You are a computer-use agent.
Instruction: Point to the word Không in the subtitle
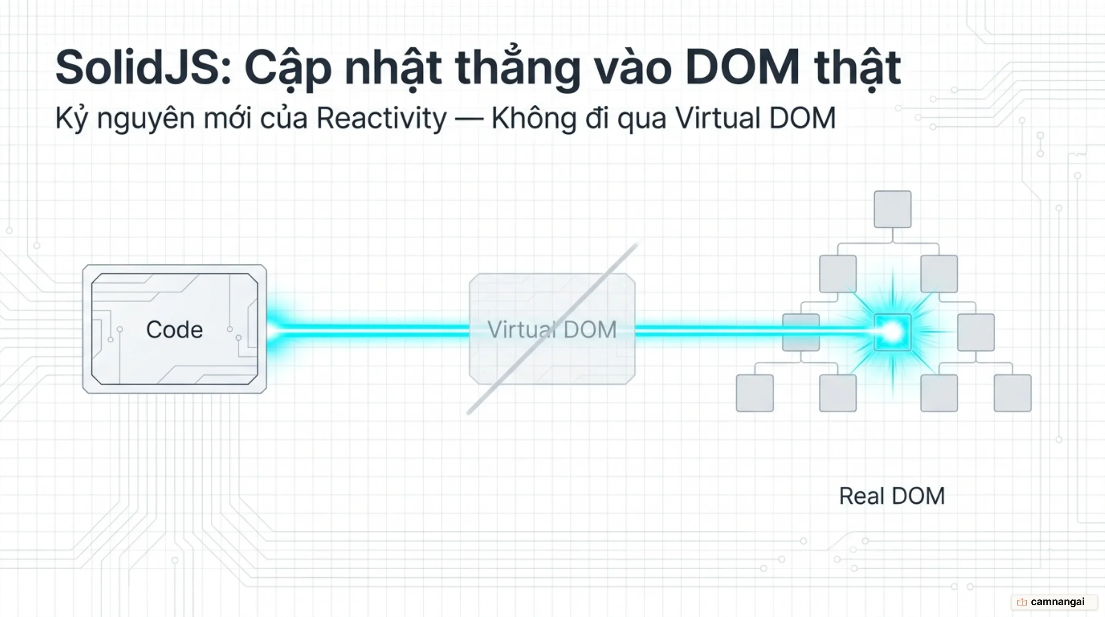(x=534, y=118)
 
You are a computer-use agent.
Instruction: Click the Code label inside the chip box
(x=174, y=330)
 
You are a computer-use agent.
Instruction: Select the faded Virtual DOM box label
(x=552, y=330)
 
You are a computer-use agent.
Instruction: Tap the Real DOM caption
(x=892, y=496)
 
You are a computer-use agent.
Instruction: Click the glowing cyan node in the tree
(x=893, y=332)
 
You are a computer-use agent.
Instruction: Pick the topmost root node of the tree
(x=893, y=209)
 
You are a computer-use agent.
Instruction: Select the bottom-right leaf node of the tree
(x=1012, y=393)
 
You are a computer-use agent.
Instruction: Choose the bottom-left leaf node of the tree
(x=755, y=393)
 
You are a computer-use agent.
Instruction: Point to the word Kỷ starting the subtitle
(x=72, y=118)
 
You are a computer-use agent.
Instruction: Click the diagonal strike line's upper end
(x=637, y=244)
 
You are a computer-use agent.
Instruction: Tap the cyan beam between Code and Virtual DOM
(x=368, y=330)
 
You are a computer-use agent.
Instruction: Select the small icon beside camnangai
(x=1022, y=602)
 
